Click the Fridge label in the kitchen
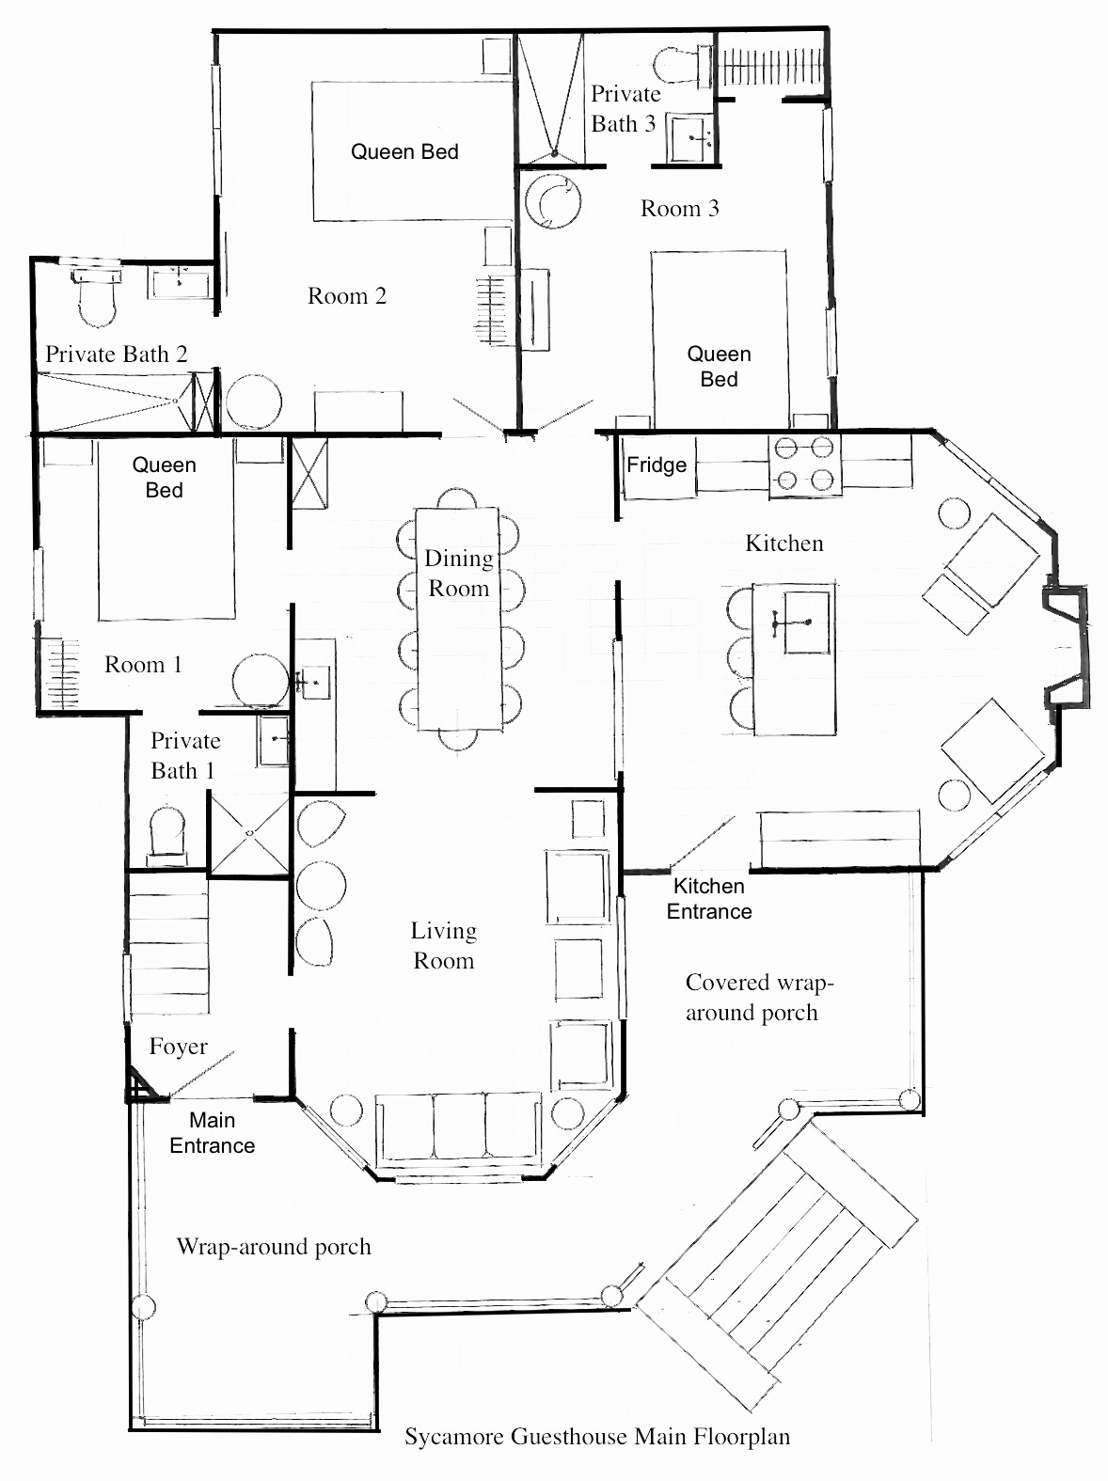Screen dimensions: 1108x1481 coord(657,465)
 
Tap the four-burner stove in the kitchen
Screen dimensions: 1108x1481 coord(804,464)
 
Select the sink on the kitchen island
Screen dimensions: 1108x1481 coord(805,622)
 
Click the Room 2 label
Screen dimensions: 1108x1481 coord(347,296)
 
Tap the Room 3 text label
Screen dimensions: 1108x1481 coord(679,209)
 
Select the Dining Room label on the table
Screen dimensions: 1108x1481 coord(459,574)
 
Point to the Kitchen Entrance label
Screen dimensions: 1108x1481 coord(708,899)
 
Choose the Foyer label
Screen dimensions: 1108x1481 coord(178,1047)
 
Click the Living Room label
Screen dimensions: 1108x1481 coord(443,945)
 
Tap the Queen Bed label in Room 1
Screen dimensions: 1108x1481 coord(164,478)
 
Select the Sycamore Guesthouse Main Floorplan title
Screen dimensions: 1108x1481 coord(597,1437)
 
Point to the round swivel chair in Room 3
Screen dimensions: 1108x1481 coord(552,199)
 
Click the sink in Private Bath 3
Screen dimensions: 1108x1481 coord(691,137)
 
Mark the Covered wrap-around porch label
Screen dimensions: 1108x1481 coord(759,998)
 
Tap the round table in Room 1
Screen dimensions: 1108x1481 coord(260,680)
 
